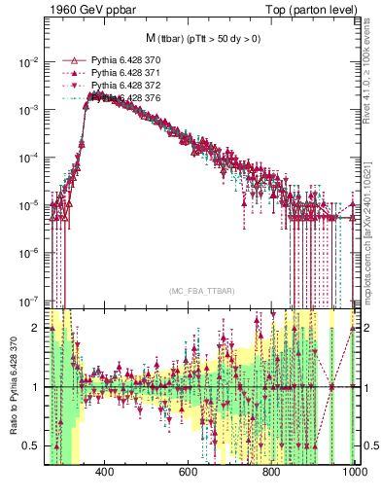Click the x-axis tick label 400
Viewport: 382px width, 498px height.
click(105, 472)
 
